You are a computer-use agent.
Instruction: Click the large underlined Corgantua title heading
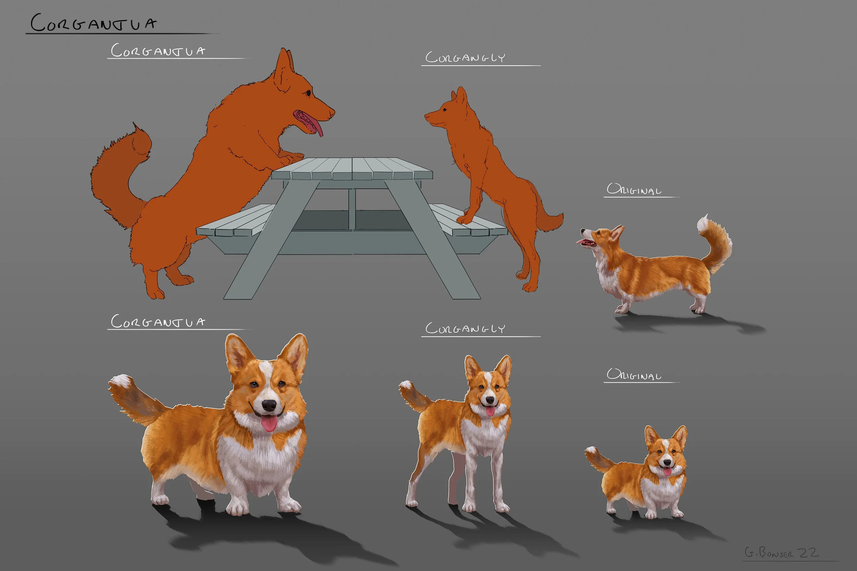click(94, 23)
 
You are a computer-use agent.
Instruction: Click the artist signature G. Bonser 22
click(781, 553)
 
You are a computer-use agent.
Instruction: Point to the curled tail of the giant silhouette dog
click(120, 171)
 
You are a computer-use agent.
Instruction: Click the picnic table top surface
click(352, 167)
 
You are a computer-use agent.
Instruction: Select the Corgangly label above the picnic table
click(465, 57)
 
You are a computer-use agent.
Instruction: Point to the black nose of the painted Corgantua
click(269, 405)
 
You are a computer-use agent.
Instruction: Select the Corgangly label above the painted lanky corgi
click(465, 328)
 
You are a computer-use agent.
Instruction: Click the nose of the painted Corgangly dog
click(490, 400)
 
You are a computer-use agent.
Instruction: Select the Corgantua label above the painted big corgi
click(158, 322)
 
